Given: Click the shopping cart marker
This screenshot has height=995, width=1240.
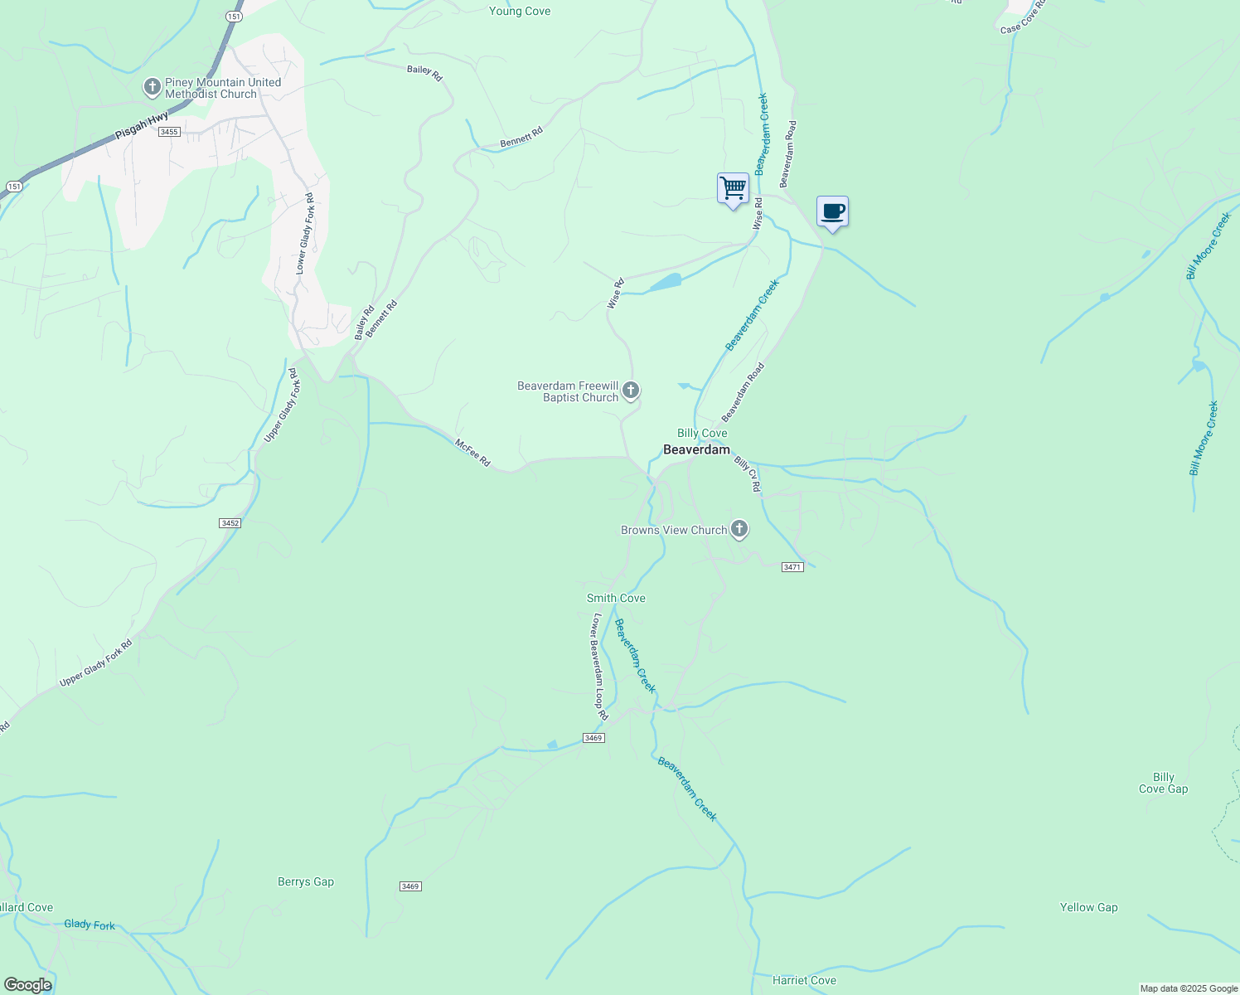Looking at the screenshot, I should [733, 189].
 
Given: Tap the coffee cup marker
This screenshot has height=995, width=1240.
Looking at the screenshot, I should [832, 212].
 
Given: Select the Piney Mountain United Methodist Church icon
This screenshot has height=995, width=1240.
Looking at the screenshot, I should [152, 87].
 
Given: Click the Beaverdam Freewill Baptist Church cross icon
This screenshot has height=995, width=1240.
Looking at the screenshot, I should [631, 391].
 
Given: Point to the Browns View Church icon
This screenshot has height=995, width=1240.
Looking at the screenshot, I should [739, 529].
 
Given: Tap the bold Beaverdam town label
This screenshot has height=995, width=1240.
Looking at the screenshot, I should [696, 450].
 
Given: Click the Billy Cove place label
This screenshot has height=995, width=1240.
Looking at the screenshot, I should [702, 433].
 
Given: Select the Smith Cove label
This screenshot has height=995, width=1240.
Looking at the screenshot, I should [616, 598].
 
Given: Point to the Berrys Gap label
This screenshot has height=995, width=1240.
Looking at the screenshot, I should [306, 881].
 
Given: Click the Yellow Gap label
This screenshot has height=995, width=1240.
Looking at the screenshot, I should [1088, 907].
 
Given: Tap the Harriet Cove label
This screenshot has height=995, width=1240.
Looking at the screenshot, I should [804, 980].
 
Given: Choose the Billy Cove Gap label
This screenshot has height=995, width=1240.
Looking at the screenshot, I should [1163, 783].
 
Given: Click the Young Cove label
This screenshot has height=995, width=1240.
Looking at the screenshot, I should [520, 11].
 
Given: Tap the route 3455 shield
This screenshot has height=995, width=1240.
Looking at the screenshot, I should [169, 132].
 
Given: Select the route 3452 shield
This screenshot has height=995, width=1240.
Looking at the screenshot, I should [230, 523].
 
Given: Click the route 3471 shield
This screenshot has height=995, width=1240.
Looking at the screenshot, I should [792, 567].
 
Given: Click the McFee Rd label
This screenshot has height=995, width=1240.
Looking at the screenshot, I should [472, 452].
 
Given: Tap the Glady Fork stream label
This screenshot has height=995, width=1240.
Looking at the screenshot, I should [90, 924].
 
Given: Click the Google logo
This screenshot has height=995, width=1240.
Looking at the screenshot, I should [28, 985].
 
